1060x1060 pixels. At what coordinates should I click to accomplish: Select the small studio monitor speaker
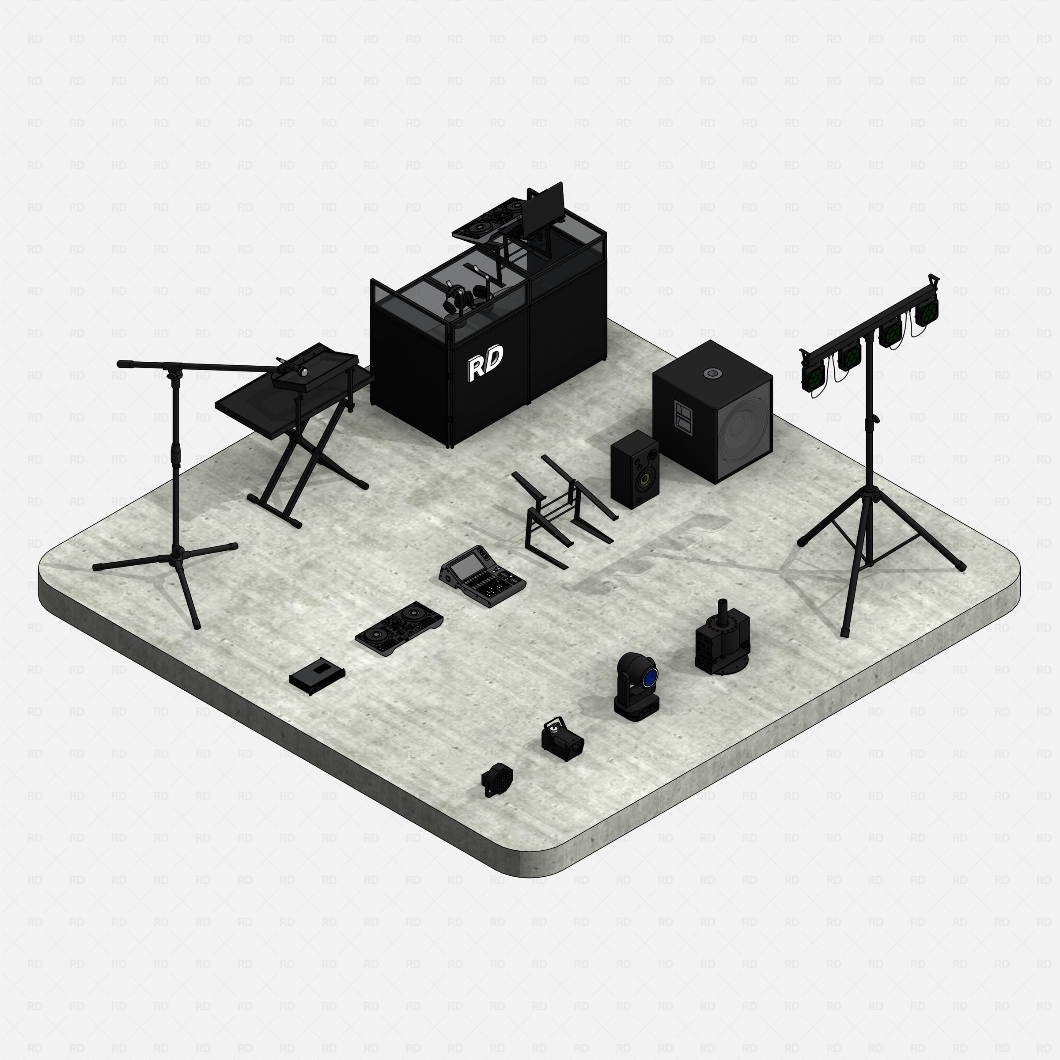(635, 469)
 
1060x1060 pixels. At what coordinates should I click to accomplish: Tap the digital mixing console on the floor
(482, 575)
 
